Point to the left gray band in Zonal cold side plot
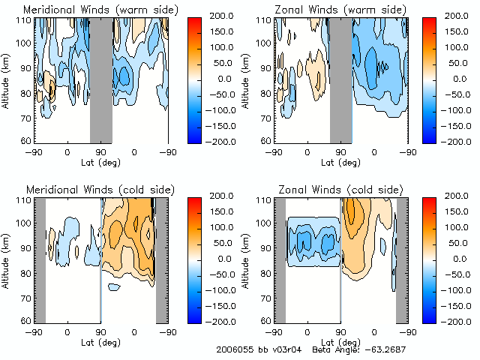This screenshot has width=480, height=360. [x=280, y=258]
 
